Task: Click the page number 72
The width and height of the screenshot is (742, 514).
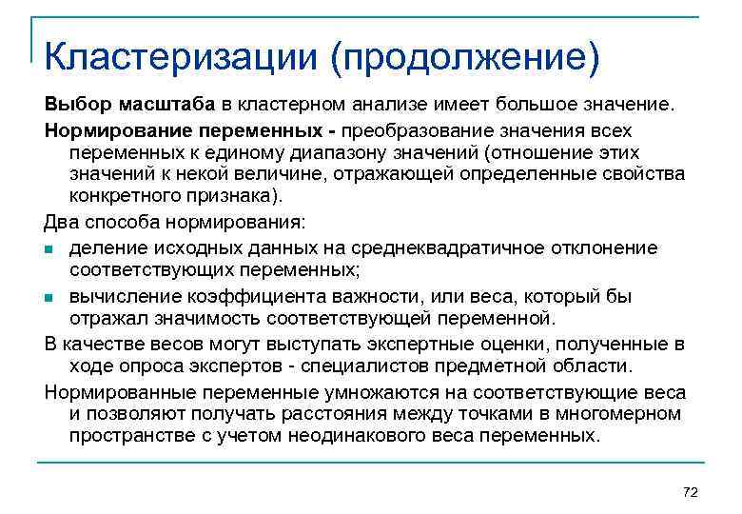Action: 691,491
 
